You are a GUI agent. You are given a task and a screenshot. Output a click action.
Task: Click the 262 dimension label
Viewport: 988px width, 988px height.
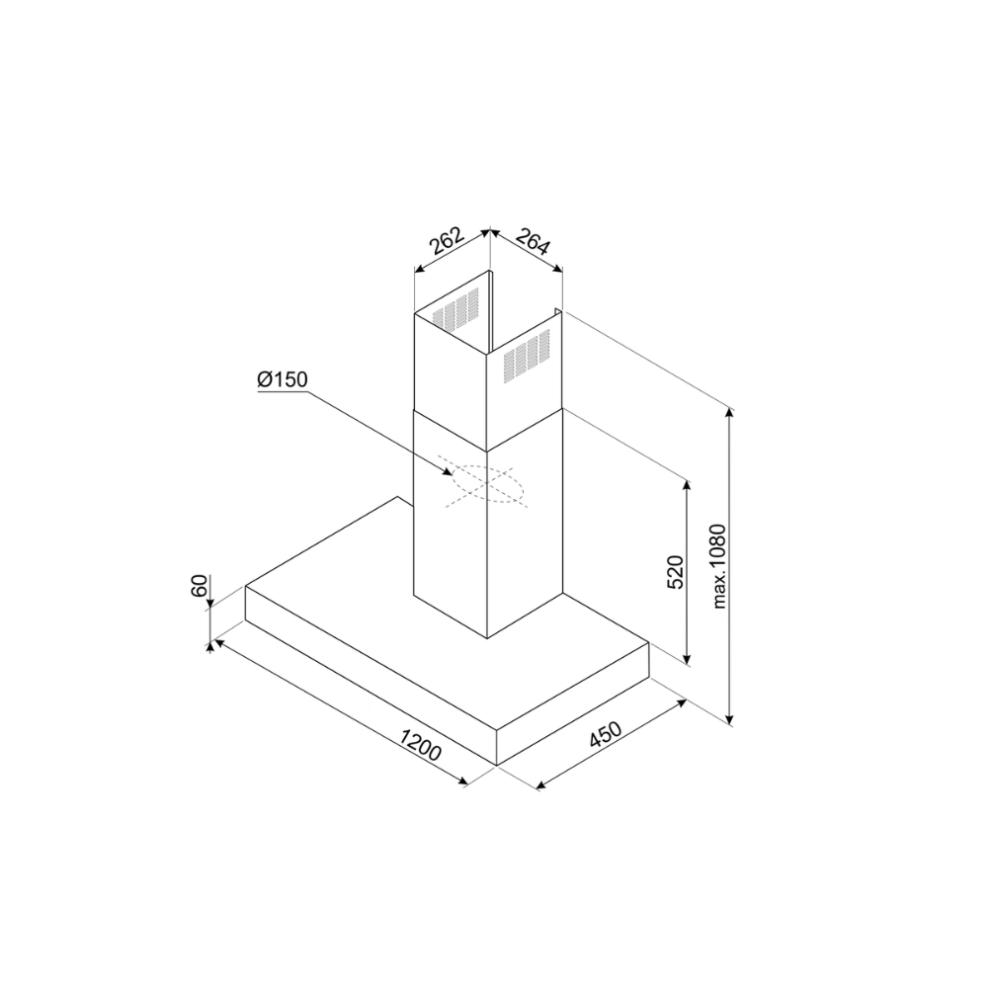coord(447,240)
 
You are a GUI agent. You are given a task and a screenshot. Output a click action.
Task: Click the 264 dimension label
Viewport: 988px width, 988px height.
coord(534,241)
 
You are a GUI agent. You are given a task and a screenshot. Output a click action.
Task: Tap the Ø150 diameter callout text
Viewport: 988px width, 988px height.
coord(283,379)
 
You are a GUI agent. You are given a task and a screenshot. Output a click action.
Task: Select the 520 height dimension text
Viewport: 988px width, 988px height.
coord(675,571)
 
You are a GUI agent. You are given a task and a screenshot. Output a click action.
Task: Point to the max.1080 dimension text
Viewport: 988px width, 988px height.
coord(719,566)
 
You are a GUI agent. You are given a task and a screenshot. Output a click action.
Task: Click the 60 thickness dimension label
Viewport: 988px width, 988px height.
coord(199,586)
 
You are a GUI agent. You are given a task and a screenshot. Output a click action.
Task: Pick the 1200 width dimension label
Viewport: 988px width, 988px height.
coord(420,744)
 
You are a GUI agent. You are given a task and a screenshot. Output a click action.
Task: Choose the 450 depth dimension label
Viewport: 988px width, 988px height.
coord(605,735)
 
